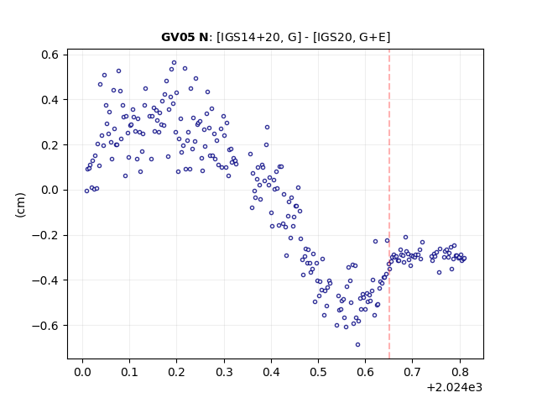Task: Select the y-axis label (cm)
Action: tap(20, 205)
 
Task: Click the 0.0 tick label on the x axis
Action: tap(82, 372)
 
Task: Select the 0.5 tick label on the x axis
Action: tap(318, 372)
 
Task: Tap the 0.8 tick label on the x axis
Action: tap(460, 372)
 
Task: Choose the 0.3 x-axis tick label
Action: tap(224, 372)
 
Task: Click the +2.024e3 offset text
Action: tap(455, 388)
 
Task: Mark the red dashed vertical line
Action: tap(389, 204)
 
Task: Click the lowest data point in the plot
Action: tap(358, 345)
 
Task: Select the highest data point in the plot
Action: tap(174, 63)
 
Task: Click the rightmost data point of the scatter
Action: tap(464, 259)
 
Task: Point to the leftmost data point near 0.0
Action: tap(86, 191)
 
